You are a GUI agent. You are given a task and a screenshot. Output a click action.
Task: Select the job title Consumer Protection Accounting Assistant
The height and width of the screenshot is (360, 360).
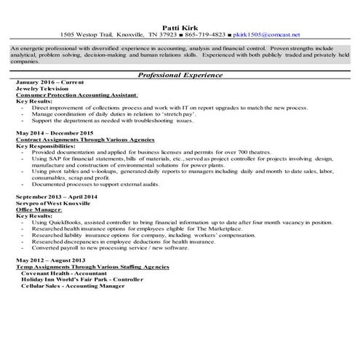pyautogui.click(x=71, y=95)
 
